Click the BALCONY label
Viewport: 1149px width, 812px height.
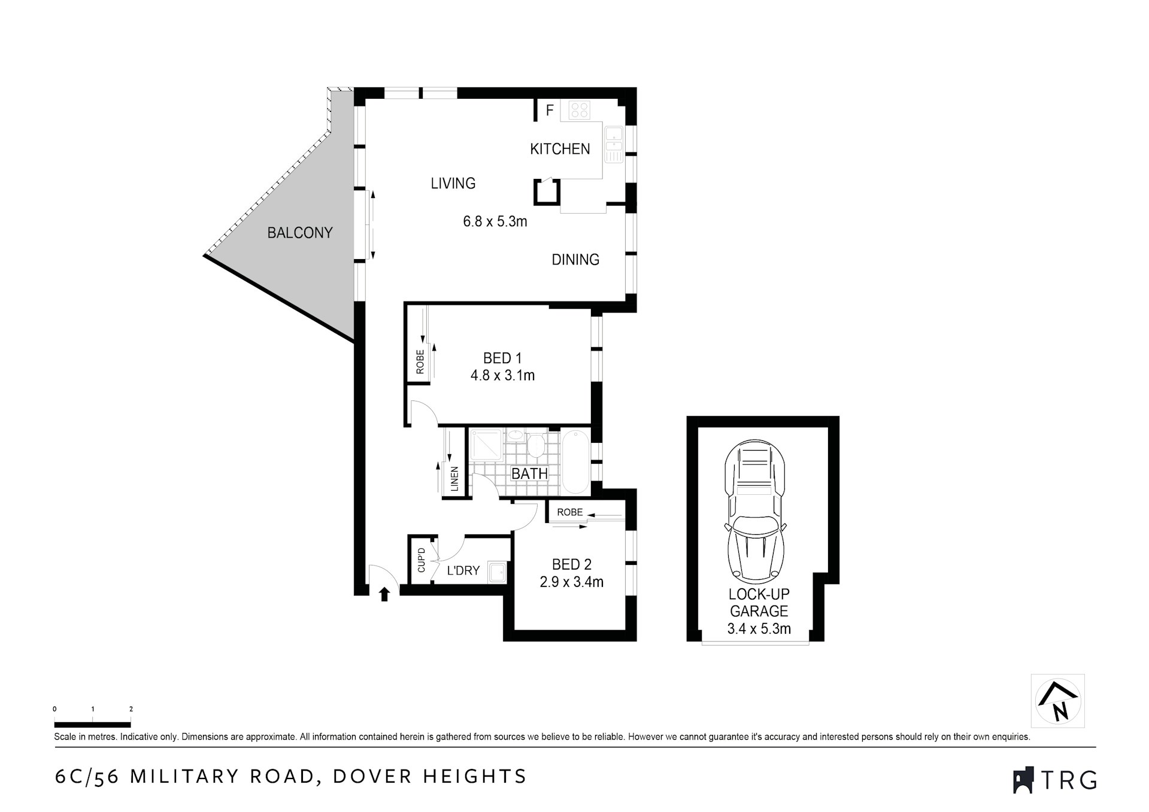299,233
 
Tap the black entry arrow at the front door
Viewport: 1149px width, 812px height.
384,594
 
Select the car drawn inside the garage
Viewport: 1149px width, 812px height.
755,512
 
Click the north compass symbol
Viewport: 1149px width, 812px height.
1057,701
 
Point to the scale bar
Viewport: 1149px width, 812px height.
92,725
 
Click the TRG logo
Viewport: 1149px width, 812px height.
1054,780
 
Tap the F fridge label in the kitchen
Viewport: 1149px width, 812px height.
550,111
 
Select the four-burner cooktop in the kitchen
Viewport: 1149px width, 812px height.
580,110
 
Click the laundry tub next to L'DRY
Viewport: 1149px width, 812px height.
497,572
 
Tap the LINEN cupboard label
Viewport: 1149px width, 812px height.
454,479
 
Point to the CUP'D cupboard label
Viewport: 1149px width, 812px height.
421,559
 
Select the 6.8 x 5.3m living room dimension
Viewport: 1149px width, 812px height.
495,221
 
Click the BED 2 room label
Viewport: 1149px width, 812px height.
571,564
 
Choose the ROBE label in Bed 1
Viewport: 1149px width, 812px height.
420,362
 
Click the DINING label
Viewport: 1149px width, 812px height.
575,260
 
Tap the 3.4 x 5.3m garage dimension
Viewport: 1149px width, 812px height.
759,629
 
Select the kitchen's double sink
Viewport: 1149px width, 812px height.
614,144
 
